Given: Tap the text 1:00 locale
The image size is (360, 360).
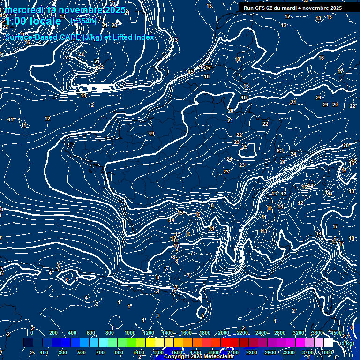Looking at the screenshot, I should coord(33,21).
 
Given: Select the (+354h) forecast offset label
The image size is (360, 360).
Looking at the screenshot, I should coord(83,21).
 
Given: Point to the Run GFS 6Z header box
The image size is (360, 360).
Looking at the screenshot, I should coord(292,8).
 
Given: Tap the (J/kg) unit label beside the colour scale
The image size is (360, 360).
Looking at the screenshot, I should coord(347,343).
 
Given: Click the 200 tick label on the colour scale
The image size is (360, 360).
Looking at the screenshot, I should coord(53,333).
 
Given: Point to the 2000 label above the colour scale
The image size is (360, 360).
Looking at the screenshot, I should coord(224,333).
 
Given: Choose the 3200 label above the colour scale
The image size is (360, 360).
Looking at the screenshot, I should coord(299,333).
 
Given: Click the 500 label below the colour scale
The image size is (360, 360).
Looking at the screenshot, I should coord(82,352).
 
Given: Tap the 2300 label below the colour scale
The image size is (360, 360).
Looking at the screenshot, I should coord(252,352).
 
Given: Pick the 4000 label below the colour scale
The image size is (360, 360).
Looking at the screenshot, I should coord(327,352).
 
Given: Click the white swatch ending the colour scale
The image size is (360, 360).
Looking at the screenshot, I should coord(328,343).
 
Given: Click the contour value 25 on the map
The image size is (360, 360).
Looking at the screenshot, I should coord(245,147).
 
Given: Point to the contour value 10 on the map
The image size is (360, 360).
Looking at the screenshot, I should coord(176,246).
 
